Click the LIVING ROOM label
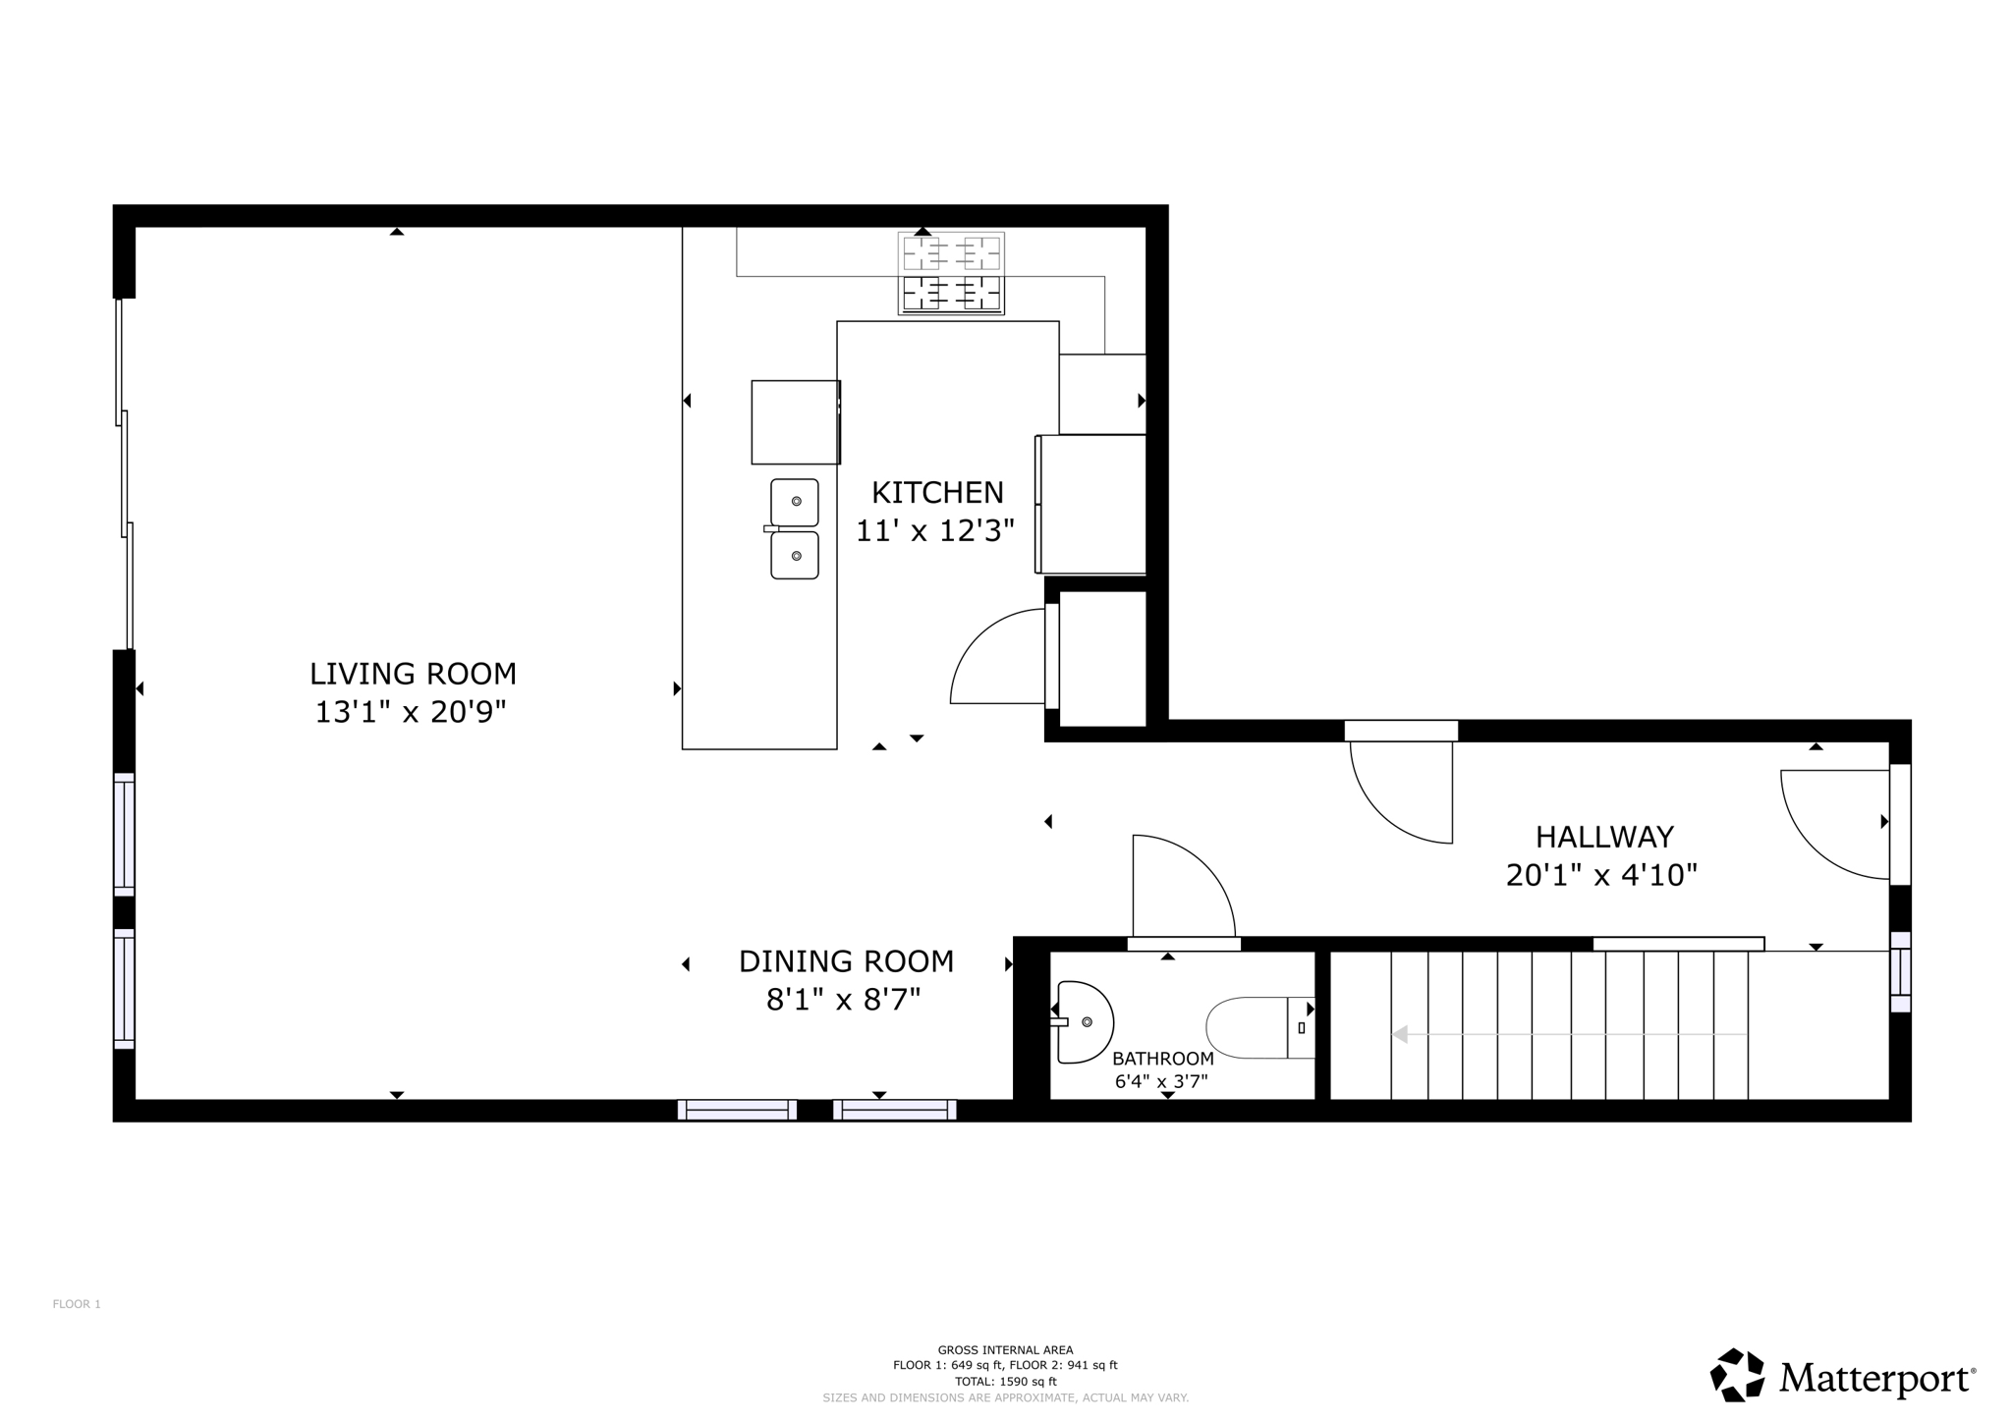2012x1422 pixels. (413, 674)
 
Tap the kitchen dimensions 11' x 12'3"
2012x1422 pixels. (934, 531)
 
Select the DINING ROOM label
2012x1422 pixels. (846, 961)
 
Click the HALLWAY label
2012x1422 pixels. (1604, 837)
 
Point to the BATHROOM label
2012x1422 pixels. (1162, 1059)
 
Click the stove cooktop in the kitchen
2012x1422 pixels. (951, 273)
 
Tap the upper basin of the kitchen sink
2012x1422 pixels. (795, 502)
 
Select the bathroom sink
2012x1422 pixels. (1084, 1022)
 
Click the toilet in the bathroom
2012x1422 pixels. (1257, 1028)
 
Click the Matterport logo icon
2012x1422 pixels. (1737, 1375)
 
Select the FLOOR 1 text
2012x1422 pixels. (77, 1304)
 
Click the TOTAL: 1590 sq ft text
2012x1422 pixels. (1005, 1381)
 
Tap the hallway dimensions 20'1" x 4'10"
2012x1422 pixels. (1601, 875)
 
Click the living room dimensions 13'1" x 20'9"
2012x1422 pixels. (410, 712)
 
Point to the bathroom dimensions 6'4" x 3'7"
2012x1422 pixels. (1160, 1082)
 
